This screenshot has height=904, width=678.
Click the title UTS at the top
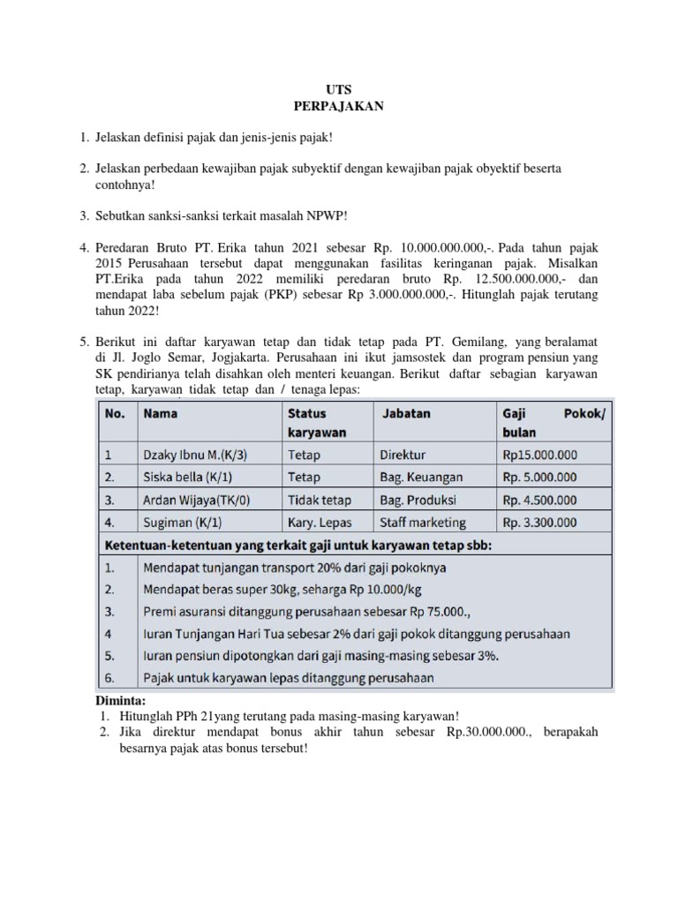click(x=339, y=89)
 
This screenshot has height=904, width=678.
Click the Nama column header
click(x=161, y=413)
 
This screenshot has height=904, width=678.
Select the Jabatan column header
click(x=407, y=413)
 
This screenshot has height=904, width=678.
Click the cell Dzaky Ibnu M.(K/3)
click(x=194, y=456)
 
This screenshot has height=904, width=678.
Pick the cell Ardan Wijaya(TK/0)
click(x=196, y=500)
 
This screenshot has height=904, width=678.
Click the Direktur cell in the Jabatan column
click(x=403, y=456)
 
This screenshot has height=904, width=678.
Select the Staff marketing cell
click(x=423, y=523)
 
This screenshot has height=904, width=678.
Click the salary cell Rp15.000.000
click(x=539, y=456)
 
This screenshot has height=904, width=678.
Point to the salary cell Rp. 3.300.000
click(x=540, y=523)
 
